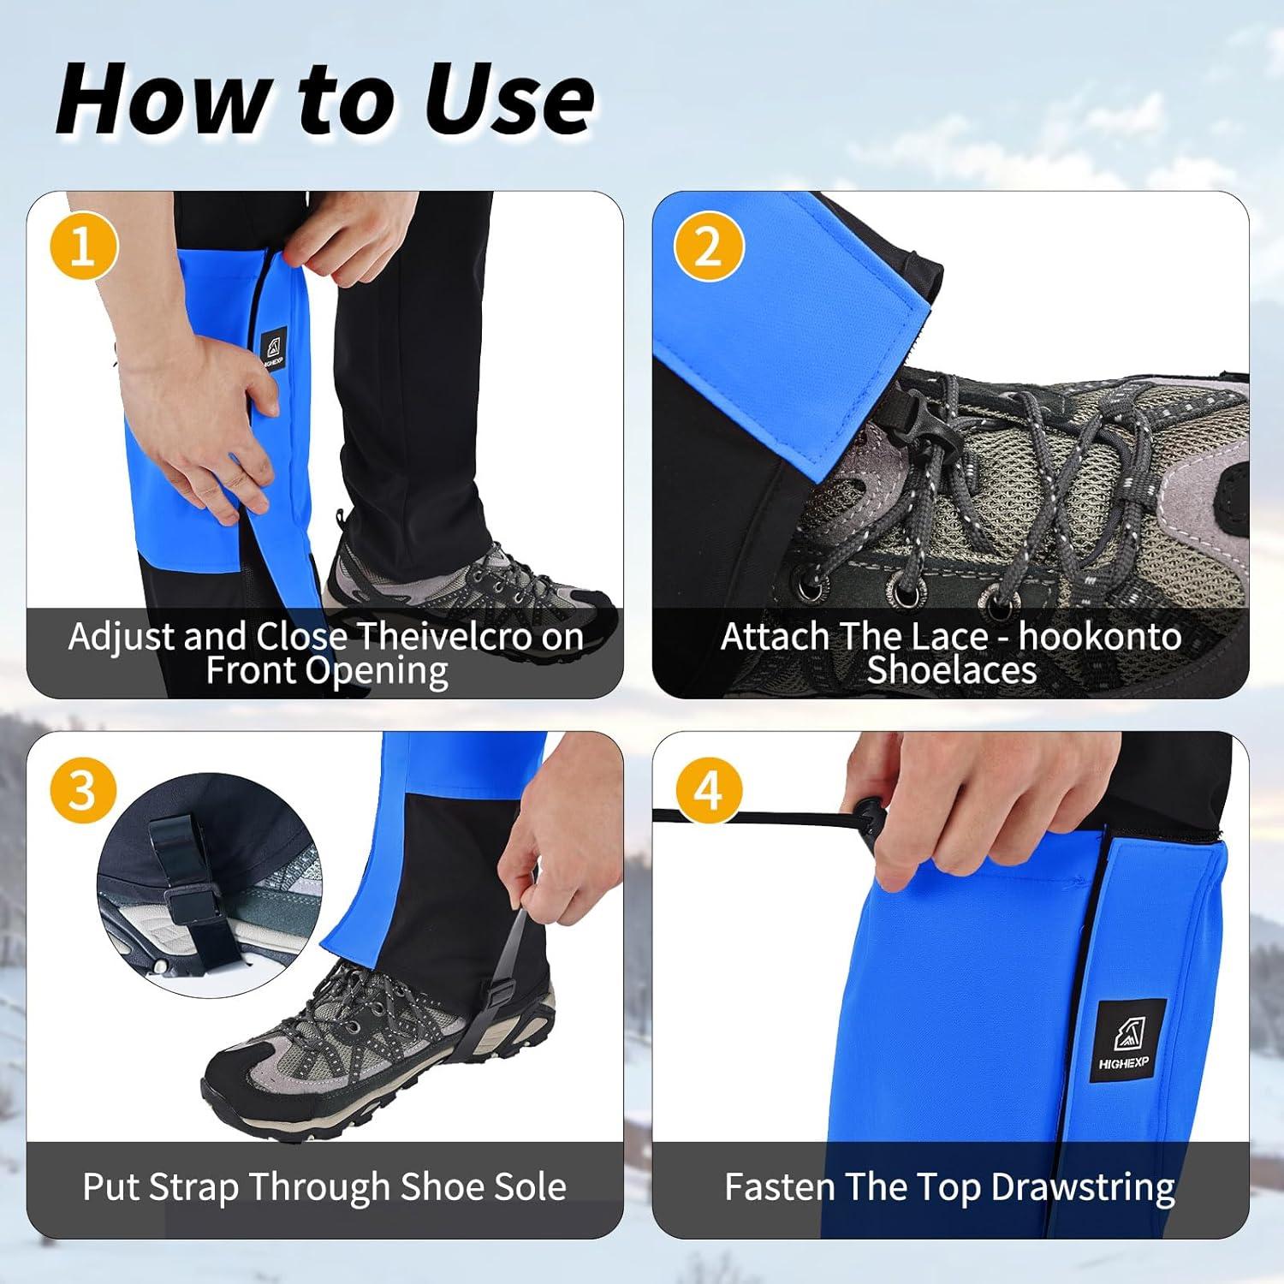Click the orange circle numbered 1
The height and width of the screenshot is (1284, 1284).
(83, 247)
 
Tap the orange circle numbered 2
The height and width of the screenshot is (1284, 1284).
(709, 247)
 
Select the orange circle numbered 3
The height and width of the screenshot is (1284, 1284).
(83, 788)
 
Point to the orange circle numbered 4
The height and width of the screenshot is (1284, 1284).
(709, 788)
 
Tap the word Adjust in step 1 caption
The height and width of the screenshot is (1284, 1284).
(122, 637)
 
